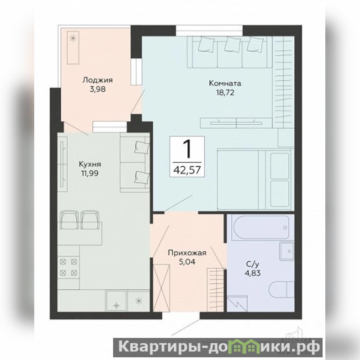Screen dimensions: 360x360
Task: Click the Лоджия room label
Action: pos(98,80)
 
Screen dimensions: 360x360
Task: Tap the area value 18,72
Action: pos(225,92)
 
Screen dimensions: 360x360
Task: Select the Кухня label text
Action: pos(90,164)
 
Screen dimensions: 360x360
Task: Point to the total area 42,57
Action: pos(187,170)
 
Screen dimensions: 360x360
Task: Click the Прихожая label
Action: pos(187,253)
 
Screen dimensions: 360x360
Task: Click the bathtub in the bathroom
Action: pos(261,227)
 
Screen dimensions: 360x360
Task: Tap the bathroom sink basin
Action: pos(287,251)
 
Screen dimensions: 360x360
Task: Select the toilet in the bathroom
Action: pos(282,289)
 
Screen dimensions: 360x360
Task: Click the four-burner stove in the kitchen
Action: pos(68,267)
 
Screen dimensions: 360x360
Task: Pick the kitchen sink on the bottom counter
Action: pos(116,301)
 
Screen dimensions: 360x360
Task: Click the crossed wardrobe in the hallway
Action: pos(162,288)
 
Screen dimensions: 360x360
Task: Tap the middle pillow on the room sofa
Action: pos(232,45)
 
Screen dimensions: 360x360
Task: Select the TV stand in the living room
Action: pos(236,123)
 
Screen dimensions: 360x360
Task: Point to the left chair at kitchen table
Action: pos(69,220)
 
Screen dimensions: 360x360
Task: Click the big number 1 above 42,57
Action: pos(188,149)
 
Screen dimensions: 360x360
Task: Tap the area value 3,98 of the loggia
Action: pos(98,89)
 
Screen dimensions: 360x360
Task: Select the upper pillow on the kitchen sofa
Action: pos(141,147)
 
